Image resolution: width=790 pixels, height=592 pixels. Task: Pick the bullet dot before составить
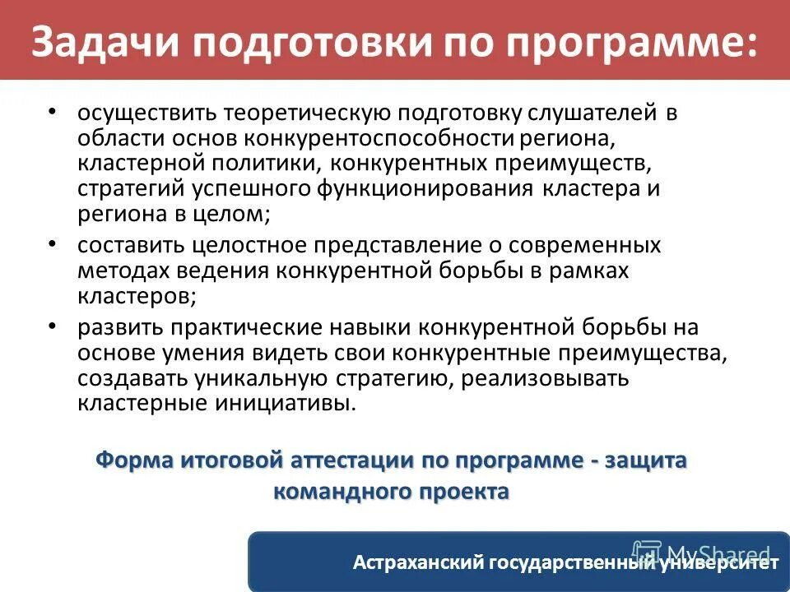53,243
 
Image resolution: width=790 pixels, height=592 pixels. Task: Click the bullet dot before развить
53,326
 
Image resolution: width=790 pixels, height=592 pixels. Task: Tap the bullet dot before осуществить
53,111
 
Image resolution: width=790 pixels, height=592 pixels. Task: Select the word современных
590,246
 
